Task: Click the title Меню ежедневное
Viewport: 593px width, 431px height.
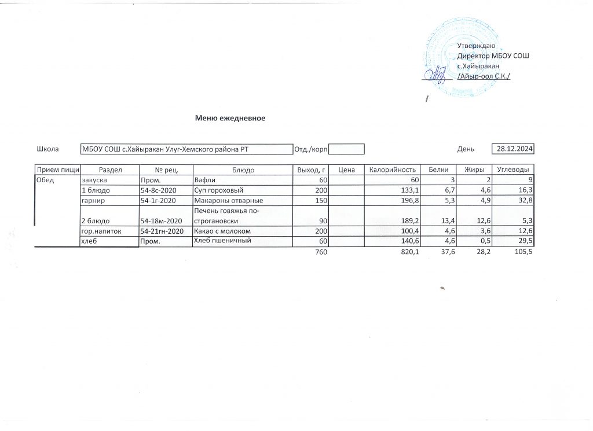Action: [x=230, y=118]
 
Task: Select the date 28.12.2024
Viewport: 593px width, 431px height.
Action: [x=512, y=149]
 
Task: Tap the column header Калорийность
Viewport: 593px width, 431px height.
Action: [x=393, y=170]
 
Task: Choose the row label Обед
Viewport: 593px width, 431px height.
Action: [x=45, y=180]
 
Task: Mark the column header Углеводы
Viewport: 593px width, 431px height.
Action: [x=513, y=170]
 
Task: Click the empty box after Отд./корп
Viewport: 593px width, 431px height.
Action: [x=346, y=149]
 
